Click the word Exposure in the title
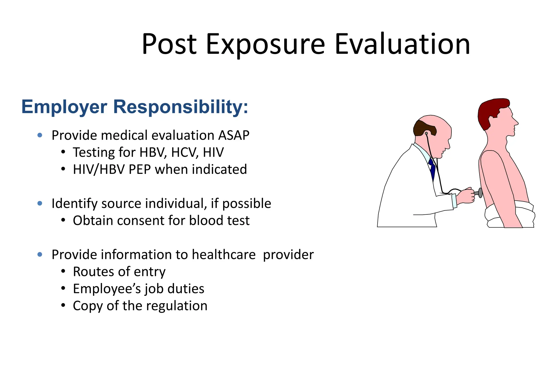(x=265, y=45)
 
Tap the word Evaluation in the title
(x=402, y=44)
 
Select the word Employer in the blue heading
(x=64, y=107)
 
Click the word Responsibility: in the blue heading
(x=181, y=107)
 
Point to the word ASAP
(x=234, y=135)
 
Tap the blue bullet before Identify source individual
(x=40, y=203)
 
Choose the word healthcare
(x=223, y=255)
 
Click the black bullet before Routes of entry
(x=63, y=272)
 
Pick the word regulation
(x=177, y=306)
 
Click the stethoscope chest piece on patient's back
(x=480, y=193)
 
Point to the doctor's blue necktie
(x=432, y=168)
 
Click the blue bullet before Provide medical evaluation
(x=40, y=135)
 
